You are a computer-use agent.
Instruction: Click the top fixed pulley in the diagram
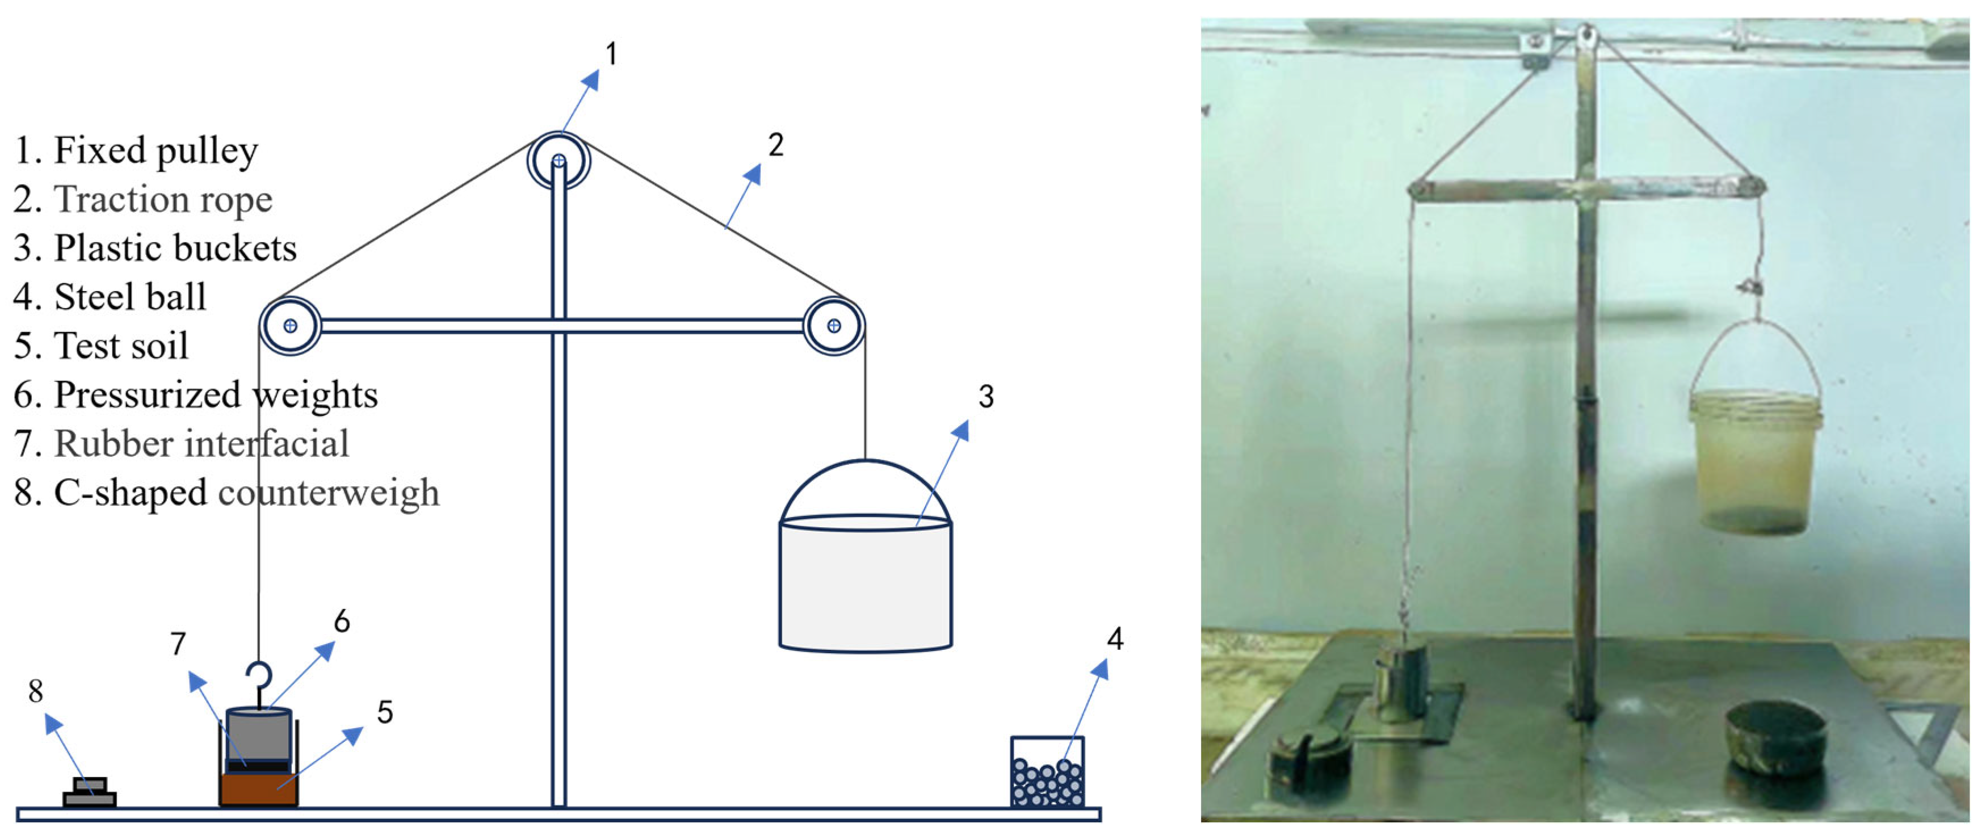click(x=558, y=161)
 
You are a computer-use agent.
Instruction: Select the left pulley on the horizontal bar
click(x=290, y=325)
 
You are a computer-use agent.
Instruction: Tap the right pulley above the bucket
click(x=833, y=325)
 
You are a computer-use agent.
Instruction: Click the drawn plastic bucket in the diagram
click(x=865, y=586)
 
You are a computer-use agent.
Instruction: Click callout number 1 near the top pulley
click(x=611, y=54)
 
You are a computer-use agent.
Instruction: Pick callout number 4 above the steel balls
click(x=1115, y=638)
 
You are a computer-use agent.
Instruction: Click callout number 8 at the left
click(x=35, y=691)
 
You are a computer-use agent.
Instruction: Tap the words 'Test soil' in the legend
click(x=121, y=346)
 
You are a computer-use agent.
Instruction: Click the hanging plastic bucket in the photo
click(x=1755, y=463)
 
